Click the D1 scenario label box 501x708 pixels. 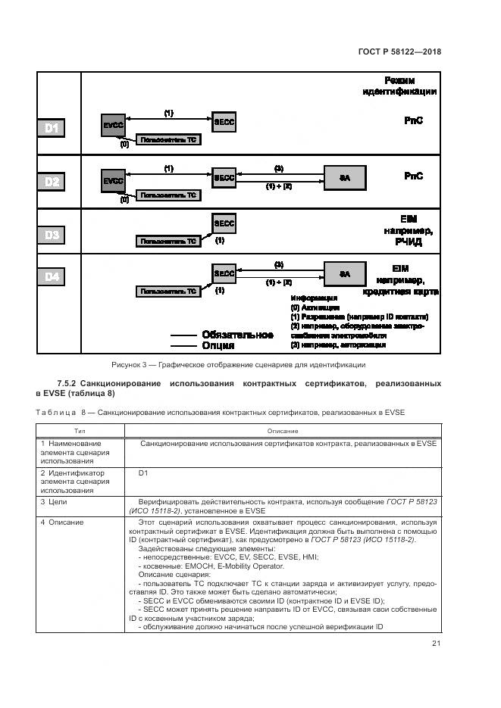coord(52,128)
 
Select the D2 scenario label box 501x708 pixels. coord(52,182)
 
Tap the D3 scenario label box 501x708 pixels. coord(52,235)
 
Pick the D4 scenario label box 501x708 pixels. coord(52,277)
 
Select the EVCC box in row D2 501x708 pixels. coord(114,181)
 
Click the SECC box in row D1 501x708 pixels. coord(224,122)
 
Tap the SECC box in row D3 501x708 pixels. coord(224,224)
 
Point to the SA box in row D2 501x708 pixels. coord(345,177)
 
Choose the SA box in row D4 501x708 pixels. coord(345,273)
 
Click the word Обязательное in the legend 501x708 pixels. coord(237,335)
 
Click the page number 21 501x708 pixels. coord(436,643)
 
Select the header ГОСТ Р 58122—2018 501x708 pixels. coord(399,52)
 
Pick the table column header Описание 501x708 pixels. coord(282,430)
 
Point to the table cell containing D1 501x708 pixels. coord(143,473)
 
